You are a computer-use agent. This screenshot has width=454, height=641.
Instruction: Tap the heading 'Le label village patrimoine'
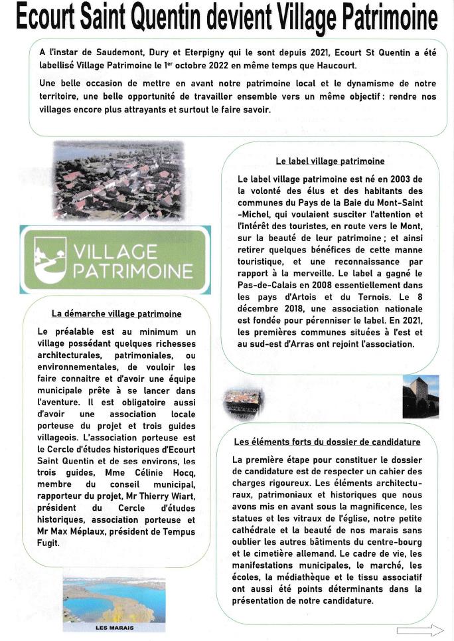click(330, 161)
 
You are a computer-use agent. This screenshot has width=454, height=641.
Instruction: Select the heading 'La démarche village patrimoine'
click(117, 314)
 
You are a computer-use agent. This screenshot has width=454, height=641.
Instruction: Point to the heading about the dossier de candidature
click(327, 442)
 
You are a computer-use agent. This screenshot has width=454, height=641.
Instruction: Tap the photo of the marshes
click(113, 600)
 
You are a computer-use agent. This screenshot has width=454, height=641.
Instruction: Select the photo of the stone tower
click(420, 396)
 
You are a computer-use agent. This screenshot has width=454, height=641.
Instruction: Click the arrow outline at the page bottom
click(419, 630)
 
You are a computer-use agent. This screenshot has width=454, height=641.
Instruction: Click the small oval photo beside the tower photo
click(240, 403)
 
